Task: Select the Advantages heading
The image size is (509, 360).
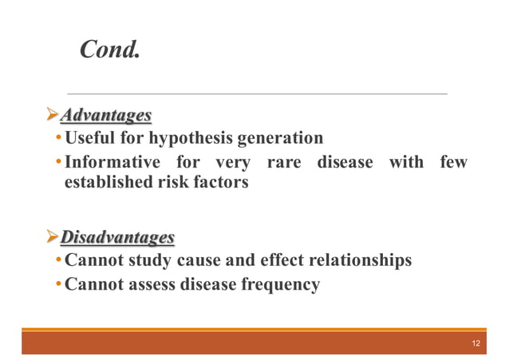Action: point(106,117)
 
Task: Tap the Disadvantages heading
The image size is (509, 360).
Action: point(117,238)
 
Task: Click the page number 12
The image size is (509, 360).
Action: point(475,343)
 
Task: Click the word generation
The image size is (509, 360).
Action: point(279,139)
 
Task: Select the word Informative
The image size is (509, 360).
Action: point(111,162)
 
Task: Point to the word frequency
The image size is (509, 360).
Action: point(280,283)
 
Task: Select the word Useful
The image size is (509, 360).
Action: point(90,139)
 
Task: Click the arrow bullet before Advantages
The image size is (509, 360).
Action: point(52,117)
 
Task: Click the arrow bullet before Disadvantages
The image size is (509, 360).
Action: point(52,238)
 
